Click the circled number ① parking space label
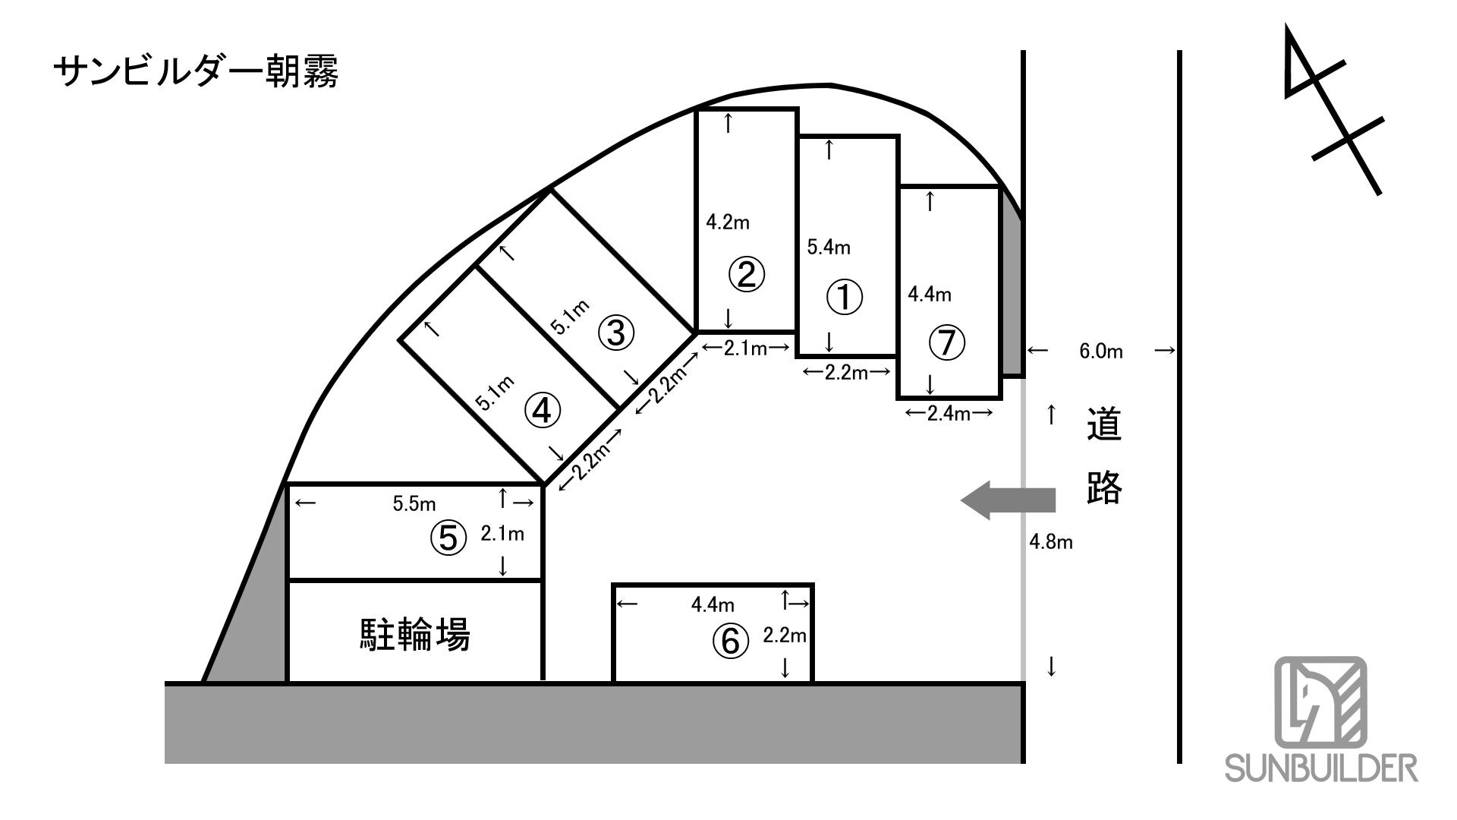(x=844, y=298)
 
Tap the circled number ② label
(x=747, y=275)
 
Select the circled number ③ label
(x=615, y=333)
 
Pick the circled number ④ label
(x=542, y=411)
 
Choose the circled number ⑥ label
(x=729, y=642)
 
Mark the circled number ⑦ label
(x=946, y=343)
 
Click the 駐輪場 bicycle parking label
(x=414, y=635)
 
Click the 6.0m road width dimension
(x=1100, y=352)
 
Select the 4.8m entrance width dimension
(x=1051, y=542)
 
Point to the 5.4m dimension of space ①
(x=828, y=247)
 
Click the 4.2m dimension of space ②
(x=728, y=222)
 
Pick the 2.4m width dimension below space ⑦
(x=949, y=414)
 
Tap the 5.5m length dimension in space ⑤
(x=414, y=503)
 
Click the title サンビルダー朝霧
(x=197, y=74)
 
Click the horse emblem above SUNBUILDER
(x=1320, y=701)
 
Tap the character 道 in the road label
(x=1104, y=425)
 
